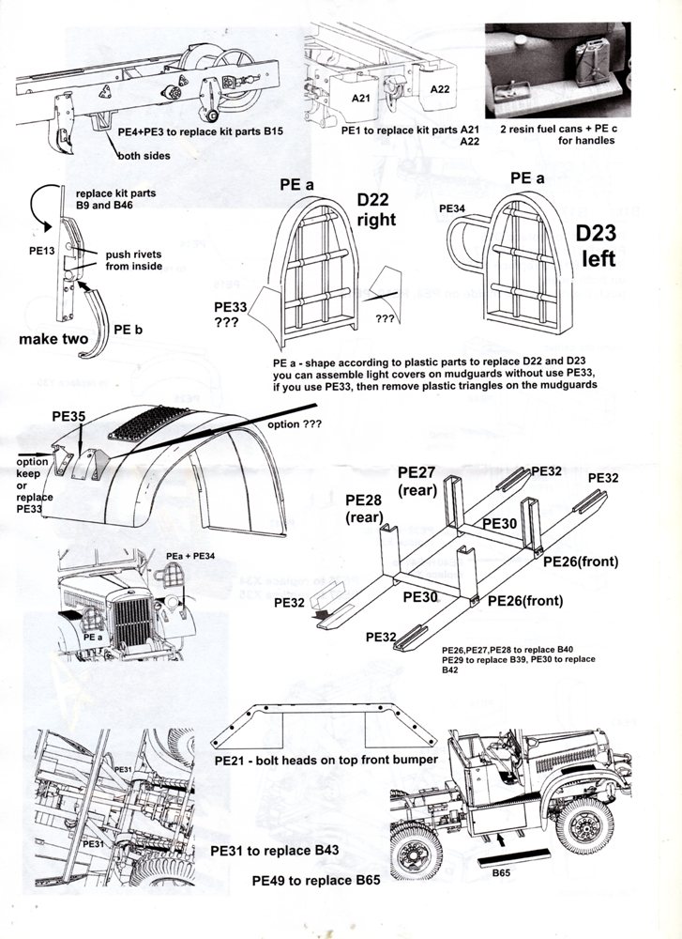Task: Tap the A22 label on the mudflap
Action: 439,89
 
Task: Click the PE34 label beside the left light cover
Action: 452,207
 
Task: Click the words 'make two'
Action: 53,339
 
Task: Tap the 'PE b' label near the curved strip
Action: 128,330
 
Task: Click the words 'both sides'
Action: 144,156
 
